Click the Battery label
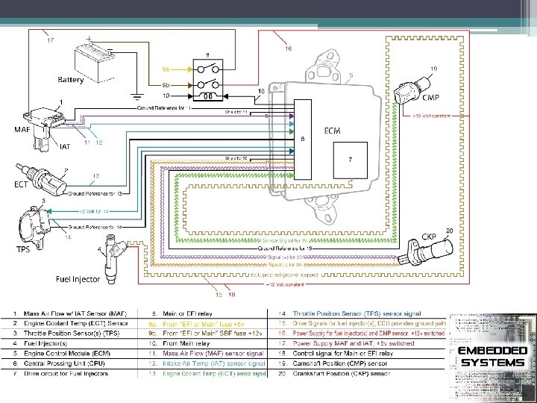[71, 79]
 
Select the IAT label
[66, 147]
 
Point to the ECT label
[22, 184]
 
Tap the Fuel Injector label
[76, 279]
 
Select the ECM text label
[333, 131]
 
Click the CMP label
[431, 98]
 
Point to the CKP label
[430, 237]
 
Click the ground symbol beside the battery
[136, 96]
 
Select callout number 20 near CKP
[449, 230]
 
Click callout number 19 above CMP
[433, 69]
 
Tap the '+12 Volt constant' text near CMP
[427, 116]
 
